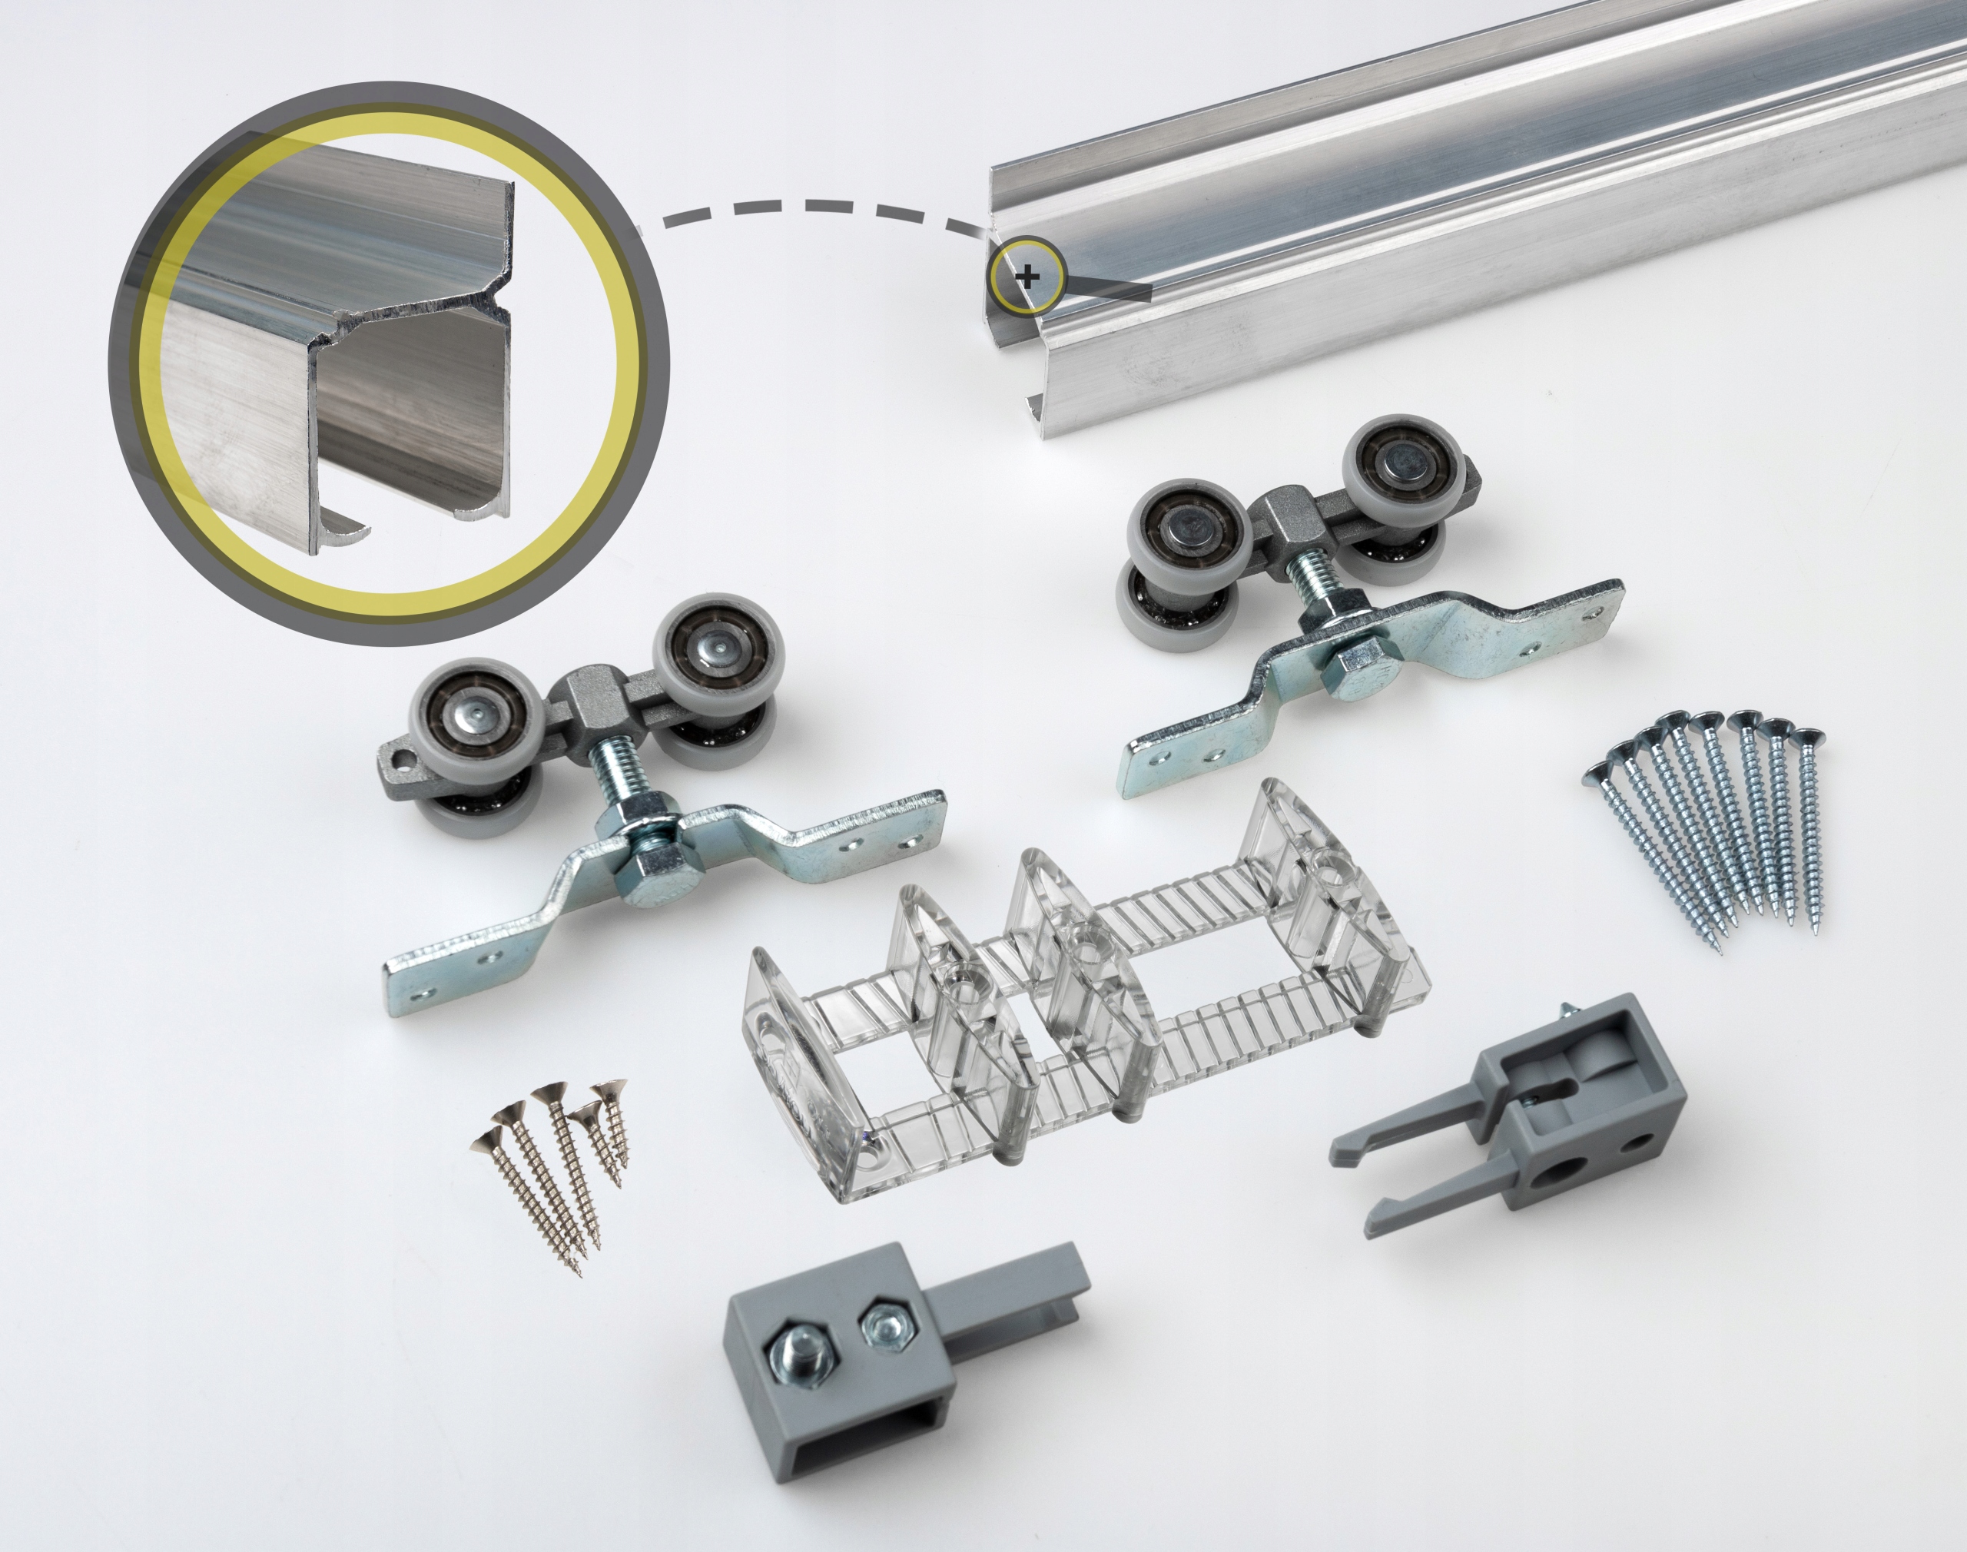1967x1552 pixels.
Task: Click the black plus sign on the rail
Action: point(1027,275)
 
